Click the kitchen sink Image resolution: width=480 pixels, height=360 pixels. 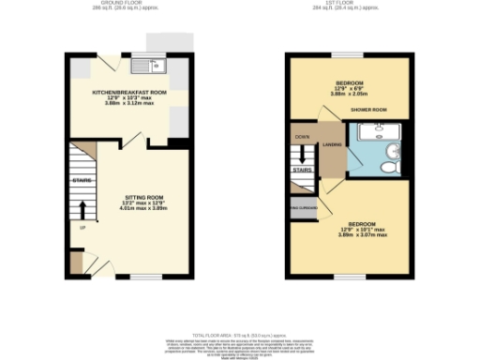point(149,66)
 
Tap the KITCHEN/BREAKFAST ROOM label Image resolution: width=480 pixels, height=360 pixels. point(128,93)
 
